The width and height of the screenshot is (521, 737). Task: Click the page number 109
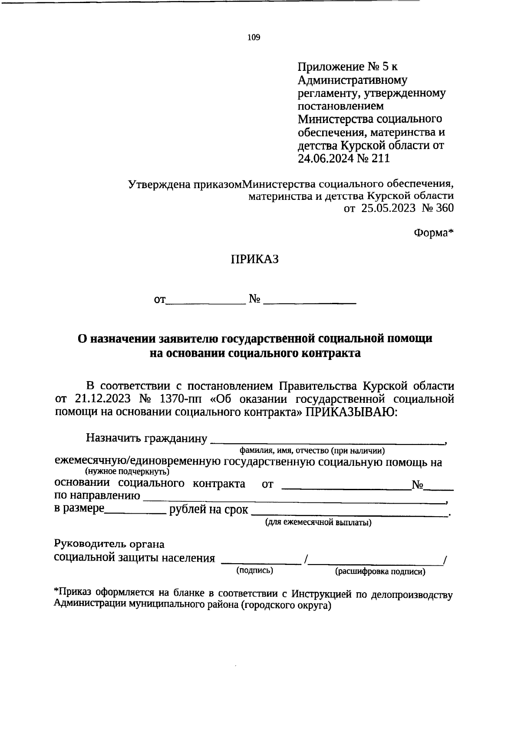254,38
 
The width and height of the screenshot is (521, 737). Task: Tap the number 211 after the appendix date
380,159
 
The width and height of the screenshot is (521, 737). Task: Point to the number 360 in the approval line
444,209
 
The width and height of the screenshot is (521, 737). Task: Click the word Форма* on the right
433,233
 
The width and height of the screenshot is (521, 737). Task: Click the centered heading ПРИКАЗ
254,260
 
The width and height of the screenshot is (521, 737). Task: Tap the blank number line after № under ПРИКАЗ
310,301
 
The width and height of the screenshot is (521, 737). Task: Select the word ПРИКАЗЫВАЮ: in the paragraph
352,412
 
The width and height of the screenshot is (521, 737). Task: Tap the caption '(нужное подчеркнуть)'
127,471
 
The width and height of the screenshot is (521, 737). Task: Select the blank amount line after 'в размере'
135,513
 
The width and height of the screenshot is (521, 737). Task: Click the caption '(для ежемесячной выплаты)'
318,523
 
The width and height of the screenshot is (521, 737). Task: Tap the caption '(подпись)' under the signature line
254,571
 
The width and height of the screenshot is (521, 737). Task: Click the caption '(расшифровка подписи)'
380,572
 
